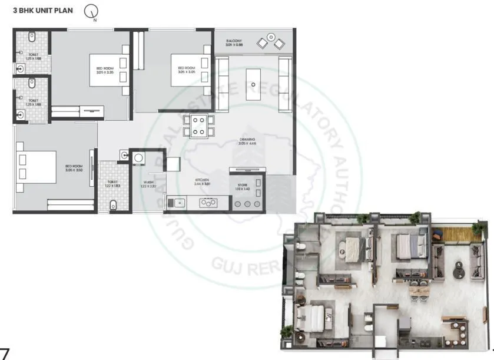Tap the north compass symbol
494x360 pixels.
[x=91, y=11]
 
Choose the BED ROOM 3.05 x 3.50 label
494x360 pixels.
[x=74, y=168]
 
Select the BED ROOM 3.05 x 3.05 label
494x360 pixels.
[x=187, y=70]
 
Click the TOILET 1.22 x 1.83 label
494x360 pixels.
[x=112, y=184]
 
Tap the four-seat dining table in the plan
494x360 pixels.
[x=198, y=125]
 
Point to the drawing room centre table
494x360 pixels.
[x=253, y=81]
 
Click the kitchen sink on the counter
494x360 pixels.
[x=178, y=203]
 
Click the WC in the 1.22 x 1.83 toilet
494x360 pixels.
[x=114, y=204]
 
